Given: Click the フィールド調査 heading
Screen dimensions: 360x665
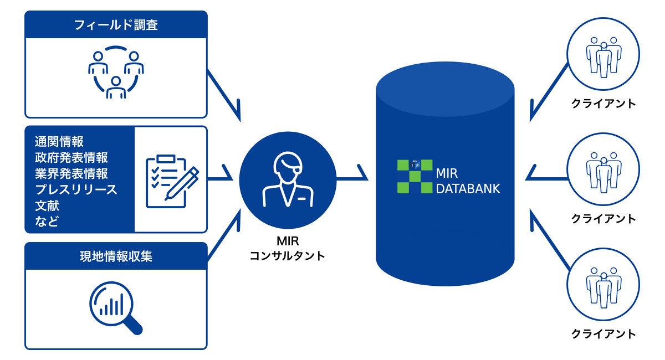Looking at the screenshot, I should pos(116,25).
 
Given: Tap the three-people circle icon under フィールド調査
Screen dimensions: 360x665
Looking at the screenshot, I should pos(116,73).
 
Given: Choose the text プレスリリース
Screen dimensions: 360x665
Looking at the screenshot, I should pos(76,189).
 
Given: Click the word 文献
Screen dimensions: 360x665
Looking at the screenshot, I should pos(47,205).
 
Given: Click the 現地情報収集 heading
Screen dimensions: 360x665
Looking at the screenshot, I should pos(116,256).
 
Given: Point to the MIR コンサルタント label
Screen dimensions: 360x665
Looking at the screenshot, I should pos(287,249).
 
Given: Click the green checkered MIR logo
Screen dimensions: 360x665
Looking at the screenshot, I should pos(415,176).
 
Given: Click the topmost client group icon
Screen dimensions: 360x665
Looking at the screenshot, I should pos(603,57).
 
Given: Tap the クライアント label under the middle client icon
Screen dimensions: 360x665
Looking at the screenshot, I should pos(603,219).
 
